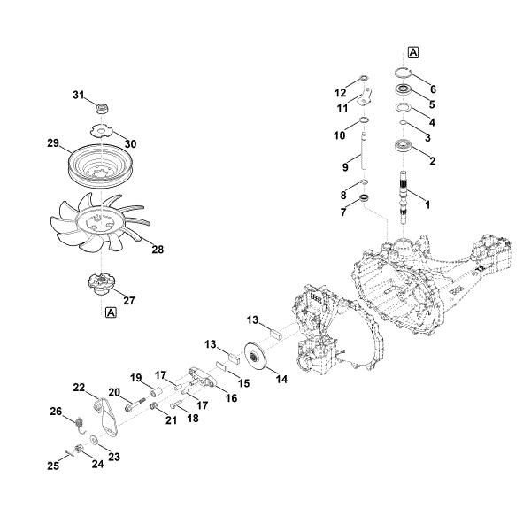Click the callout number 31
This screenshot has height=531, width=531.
[77, 95]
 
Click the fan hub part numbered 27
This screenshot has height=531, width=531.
[104, 284]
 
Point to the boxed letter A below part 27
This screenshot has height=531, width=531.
[110, 312]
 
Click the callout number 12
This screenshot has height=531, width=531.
[340, 91]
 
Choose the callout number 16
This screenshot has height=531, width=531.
[233, 398]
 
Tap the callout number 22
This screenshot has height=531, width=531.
[79, 388]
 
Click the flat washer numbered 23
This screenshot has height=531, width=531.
[94, 442]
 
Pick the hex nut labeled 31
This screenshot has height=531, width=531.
[102, 107]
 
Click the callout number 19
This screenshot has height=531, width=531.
[136, 377]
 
